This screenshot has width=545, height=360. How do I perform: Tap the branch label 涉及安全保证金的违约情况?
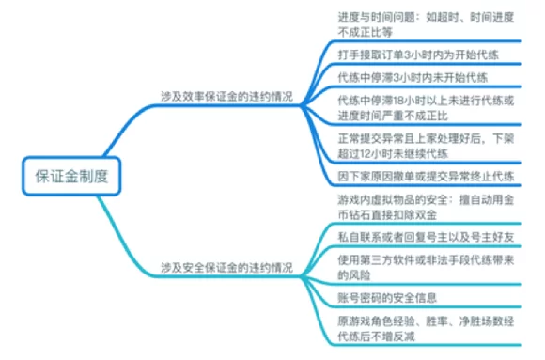(228, 267)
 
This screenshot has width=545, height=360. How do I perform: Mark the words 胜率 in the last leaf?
(450, 321)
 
